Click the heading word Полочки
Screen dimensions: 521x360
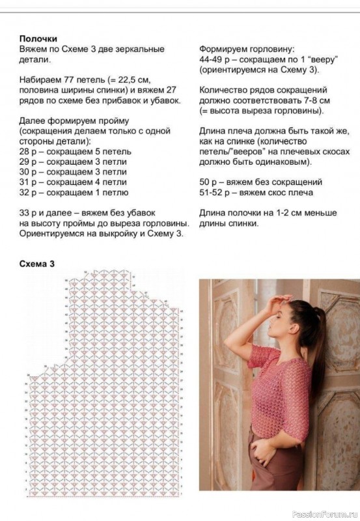pos(38,38)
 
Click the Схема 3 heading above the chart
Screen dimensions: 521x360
pos(37,264)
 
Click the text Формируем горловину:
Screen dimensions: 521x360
pos(247,49)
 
